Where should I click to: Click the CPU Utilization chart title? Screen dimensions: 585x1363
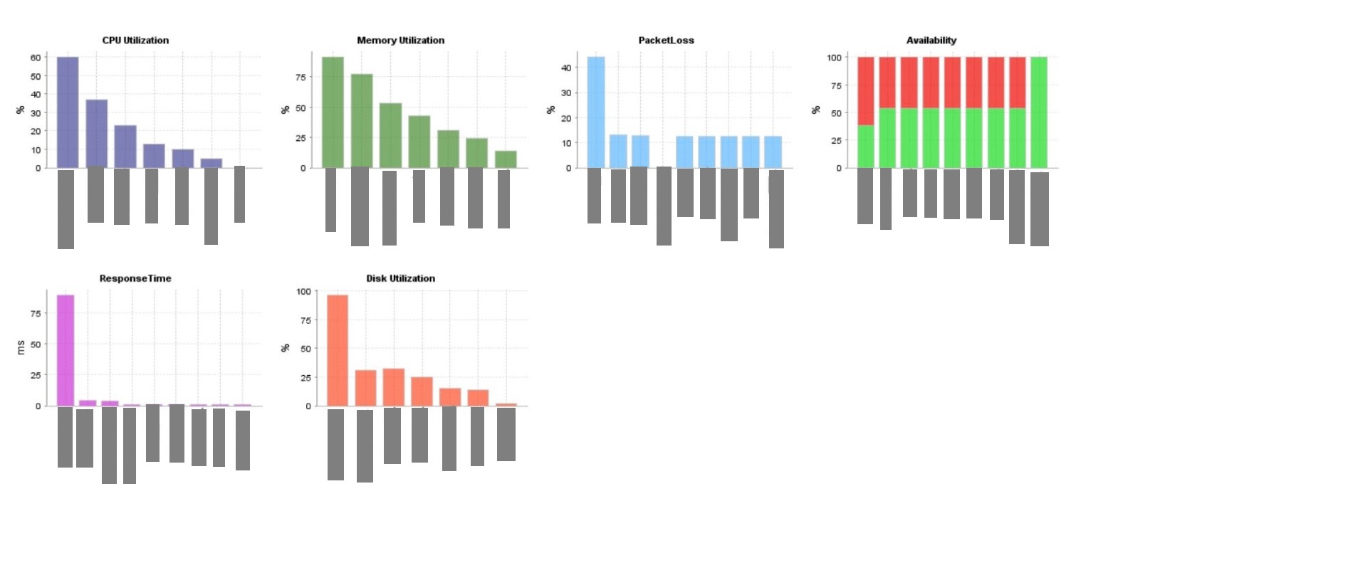135,41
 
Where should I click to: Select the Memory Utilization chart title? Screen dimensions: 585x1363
400,41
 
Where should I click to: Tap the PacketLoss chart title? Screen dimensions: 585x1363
666,41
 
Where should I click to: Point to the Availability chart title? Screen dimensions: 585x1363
931,41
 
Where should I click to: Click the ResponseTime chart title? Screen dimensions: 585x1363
135,278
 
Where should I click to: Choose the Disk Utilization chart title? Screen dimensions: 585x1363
400,278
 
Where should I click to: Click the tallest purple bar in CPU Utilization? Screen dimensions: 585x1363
68,112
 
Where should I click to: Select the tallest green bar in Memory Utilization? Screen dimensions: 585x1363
333,112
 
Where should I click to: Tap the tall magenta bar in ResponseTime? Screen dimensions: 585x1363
66,350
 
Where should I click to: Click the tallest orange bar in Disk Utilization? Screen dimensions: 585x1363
338,350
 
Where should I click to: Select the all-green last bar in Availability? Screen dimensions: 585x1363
1039,112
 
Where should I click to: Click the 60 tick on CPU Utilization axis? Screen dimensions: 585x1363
36,58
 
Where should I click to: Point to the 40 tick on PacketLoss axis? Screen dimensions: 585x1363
566,68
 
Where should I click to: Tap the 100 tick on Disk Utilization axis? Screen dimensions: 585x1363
303,292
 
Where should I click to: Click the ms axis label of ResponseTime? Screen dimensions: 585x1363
20,347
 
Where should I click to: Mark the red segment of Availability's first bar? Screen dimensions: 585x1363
865,91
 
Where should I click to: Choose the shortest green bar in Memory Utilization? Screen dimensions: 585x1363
506,159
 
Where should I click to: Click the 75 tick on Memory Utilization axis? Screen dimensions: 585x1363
301,78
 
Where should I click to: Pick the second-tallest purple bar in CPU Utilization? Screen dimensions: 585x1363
97,134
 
